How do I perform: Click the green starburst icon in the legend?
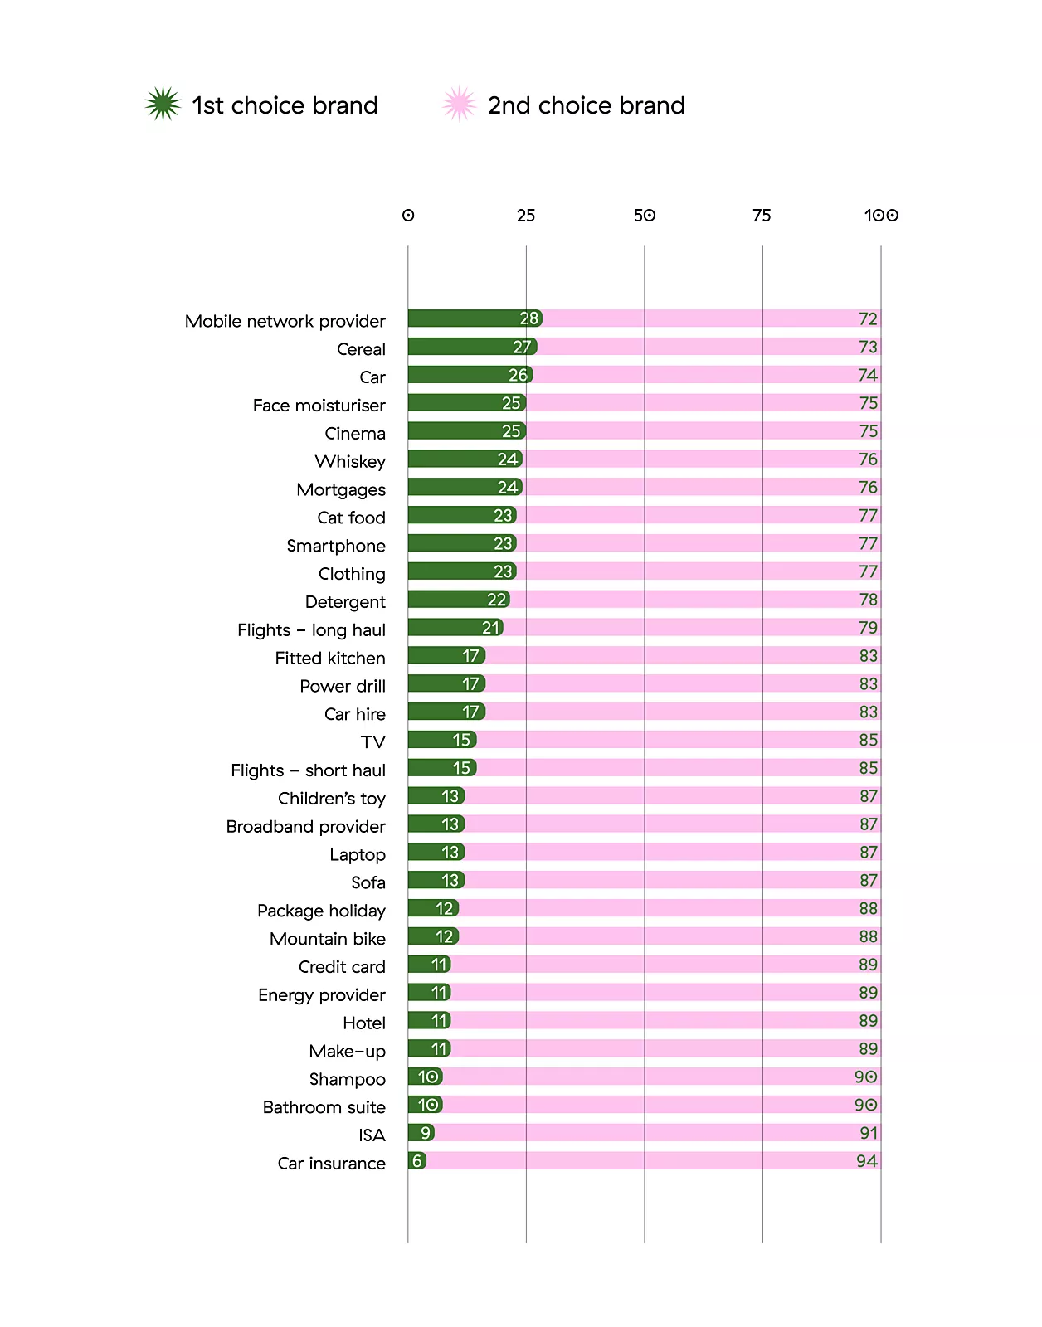[x=163, y=105]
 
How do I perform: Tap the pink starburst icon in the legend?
[x=459, y=105]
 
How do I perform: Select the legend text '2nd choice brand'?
[x=586, y=105]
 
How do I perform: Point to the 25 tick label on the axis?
[x=526, y=216]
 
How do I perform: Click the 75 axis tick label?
[x=762, y=216]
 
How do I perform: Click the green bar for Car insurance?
[x=416, y=1161]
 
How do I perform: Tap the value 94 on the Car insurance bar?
[x=867, y=1161]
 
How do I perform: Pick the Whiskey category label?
[x=350, y=462]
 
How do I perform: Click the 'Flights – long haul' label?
[x=311, y=630]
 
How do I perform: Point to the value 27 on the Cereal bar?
[x=522, y=347]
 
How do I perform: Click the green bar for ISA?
[x=421, y=1133]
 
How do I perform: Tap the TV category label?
[x=373, y=742]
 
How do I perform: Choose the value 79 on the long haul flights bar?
[x=868, y=628]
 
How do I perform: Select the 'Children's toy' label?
[x=332, y=799]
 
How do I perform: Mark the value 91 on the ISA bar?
[x=869, y=1133]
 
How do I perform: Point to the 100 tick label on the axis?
[x=881, y=216]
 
